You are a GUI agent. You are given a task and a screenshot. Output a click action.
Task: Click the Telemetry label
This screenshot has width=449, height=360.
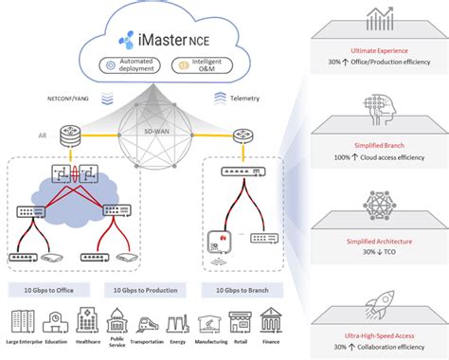pyautogui.click(x=249, y=97)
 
